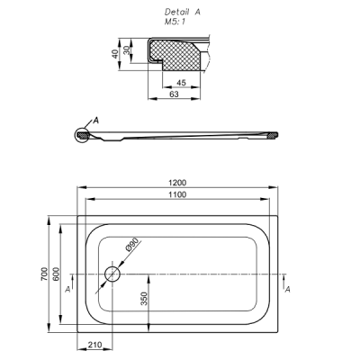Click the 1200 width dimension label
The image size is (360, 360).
[177, 183]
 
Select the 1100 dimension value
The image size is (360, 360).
[177, 194]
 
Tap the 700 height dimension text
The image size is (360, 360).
[44, 274]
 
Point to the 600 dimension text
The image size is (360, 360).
[57, 274]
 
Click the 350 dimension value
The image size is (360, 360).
[144, 299]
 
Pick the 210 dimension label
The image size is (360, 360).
[94, 345]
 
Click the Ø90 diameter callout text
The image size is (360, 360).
[132, 244]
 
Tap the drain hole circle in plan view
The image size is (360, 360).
[112, 266]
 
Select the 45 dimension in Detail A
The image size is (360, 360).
[181, 83]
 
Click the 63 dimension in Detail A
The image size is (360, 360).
[174, 94]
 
